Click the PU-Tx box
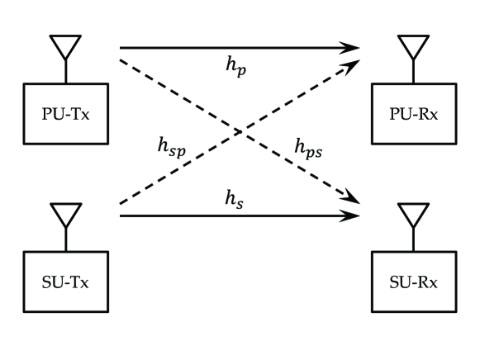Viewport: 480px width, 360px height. (x=65, y=111)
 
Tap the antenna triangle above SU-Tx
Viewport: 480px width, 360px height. (x=65, y=216)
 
